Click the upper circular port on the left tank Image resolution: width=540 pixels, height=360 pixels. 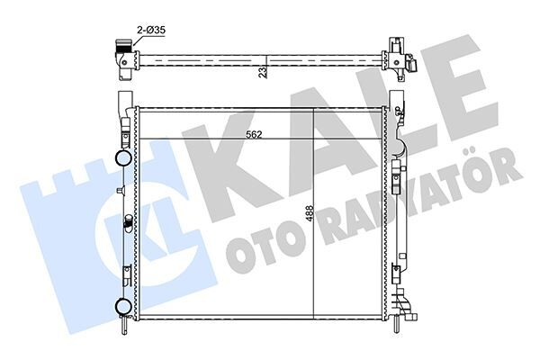pos(123,160)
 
